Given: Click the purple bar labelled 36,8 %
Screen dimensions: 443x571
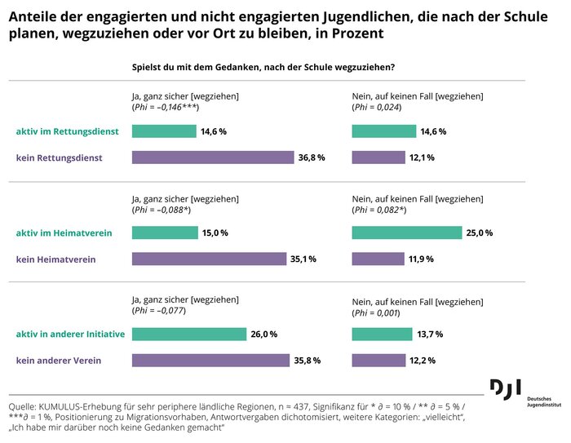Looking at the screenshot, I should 212,157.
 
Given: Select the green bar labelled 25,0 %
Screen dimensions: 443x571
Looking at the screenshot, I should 407,233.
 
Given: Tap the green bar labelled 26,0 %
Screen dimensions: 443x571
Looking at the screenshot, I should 188,334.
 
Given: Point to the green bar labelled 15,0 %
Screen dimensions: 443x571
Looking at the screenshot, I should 164,233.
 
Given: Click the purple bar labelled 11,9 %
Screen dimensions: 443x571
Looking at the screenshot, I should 378,259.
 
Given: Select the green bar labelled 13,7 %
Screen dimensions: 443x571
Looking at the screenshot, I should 382,334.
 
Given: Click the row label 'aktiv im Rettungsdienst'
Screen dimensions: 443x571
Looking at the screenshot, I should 68,131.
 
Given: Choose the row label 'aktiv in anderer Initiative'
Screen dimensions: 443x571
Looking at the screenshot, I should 71,334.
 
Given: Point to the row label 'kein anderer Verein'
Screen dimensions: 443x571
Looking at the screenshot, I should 59,361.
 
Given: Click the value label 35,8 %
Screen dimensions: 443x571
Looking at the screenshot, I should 308,361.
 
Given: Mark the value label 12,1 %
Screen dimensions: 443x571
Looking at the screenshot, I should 422,157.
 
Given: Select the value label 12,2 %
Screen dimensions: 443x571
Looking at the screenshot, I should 422,361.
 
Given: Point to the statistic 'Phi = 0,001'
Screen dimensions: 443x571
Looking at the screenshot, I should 376,311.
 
